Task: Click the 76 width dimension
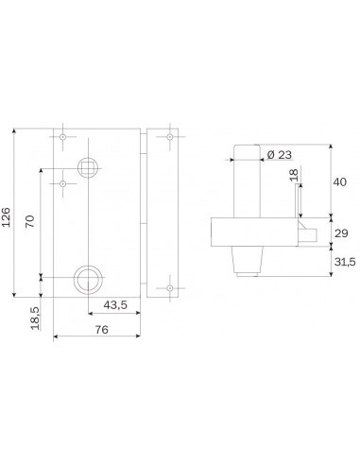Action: tap(99, 330)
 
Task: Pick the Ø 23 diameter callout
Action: tap(280, 154)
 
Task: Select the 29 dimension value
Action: tap(342, 233)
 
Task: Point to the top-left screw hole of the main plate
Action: tap(63, 138)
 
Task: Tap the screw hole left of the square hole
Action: tap(63, 183)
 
